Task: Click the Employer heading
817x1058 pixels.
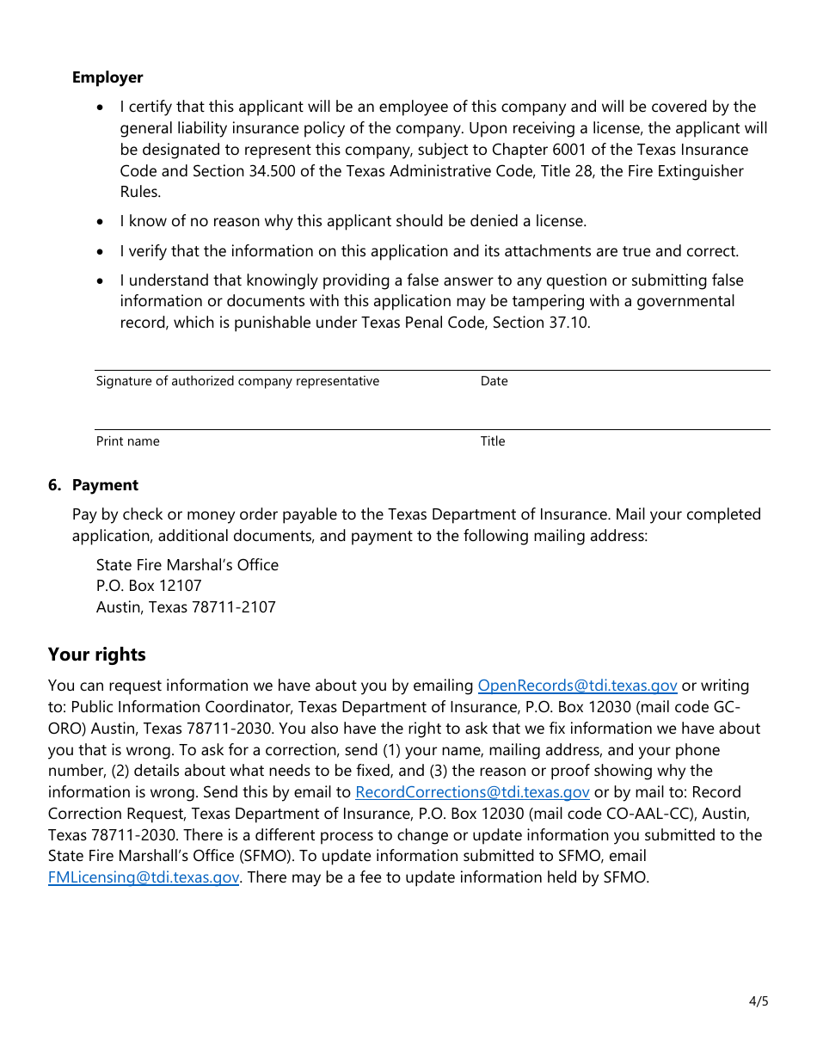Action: point(107,77)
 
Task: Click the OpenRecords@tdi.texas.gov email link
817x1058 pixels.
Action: point(577,686)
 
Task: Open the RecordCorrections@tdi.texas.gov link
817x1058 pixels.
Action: point(472,792)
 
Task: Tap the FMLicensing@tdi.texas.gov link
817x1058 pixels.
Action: point(144,877)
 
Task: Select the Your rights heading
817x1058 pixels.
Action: point(96,655)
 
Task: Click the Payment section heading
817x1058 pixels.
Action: point(105,485)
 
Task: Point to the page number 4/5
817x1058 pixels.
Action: point(758,1001)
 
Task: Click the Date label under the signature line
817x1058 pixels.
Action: point(494,381)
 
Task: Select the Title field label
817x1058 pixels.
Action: point(493,441)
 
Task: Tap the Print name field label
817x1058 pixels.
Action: point(127,441)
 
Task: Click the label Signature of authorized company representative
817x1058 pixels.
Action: point(237,381)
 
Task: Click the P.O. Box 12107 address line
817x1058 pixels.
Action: point(149,586)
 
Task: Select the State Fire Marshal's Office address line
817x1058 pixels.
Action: point(187,565)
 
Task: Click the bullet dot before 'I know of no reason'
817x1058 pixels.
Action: point(102,222)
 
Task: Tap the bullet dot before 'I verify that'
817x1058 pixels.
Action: point(102,252)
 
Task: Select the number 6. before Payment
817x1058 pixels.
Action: point(54,485)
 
